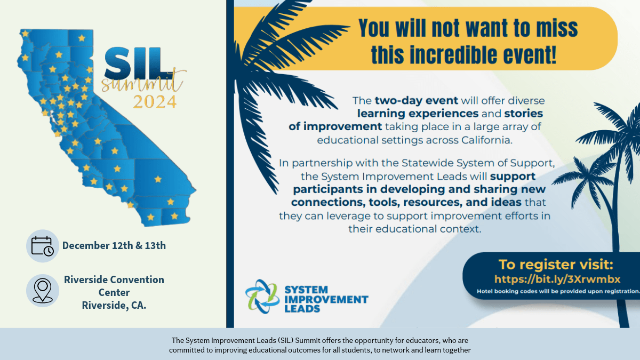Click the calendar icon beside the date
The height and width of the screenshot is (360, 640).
[x=42, y=246]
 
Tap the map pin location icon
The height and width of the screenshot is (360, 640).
[x=43, y=291]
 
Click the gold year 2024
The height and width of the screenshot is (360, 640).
[x=155, y=102]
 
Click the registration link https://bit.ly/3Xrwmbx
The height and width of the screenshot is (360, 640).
[x=557, y=279]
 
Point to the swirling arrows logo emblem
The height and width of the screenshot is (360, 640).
[x=262, y=297]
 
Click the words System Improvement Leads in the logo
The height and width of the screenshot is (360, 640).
[x=326, y=299]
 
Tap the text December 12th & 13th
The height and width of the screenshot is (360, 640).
[x=114, y=246]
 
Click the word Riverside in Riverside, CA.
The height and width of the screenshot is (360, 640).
[x=103, y=306]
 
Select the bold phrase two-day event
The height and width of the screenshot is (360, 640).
[x=417, y=101]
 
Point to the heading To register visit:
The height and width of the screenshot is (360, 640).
[x=556, y=265]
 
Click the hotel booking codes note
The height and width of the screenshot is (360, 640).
[x=558, y=291]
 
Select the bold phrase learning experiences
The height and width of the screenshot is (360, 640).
[x=418, y=114]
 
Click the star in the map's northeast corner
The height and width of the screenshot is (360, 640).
[x=82, y=38]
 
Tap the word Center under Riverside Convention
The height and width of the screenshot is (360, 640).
[x=114, y=293]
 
